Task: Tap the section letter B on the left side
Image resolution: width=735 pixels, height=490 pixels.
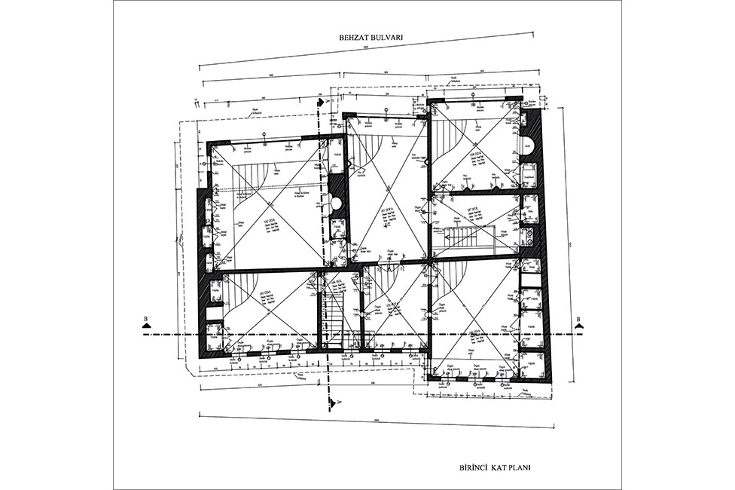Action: coord(143,319)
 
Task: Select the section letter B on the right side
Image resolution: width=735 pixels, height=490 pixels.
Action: coord(578,319)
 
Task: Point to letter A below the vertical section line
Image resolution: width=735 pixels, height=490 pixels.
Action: coord(340,401)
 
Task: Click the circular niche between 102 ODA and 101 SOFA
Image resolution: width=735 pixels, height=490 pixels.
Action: coord(336,203)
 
